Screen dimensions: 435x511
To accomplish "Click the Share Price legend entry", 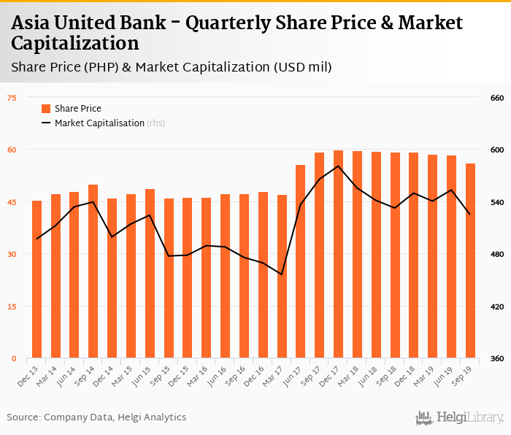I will (x=71, y=109).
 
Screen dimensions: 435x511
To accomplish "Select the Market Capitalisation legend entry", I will (x=99, y=123).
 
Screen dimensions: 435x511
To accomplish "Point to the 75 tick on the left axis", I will (x=12, y=98).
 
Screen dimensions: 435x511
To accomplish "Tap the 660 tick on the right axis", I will (x=496, y=98).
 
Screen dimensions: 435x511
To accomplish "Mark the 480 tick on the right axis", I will (x=496, y=255).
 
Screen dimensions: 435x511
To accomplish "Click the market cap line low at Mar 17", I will (x=281, y=274).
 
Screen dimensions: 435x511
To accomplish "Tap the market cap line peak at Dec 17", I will (x=338, y=166).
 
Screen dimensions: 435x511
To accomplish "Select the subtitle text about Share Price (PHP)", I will (x=172, y=67).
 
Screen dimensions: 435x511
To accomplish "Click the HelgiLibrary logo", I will (x=459, y=417).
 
